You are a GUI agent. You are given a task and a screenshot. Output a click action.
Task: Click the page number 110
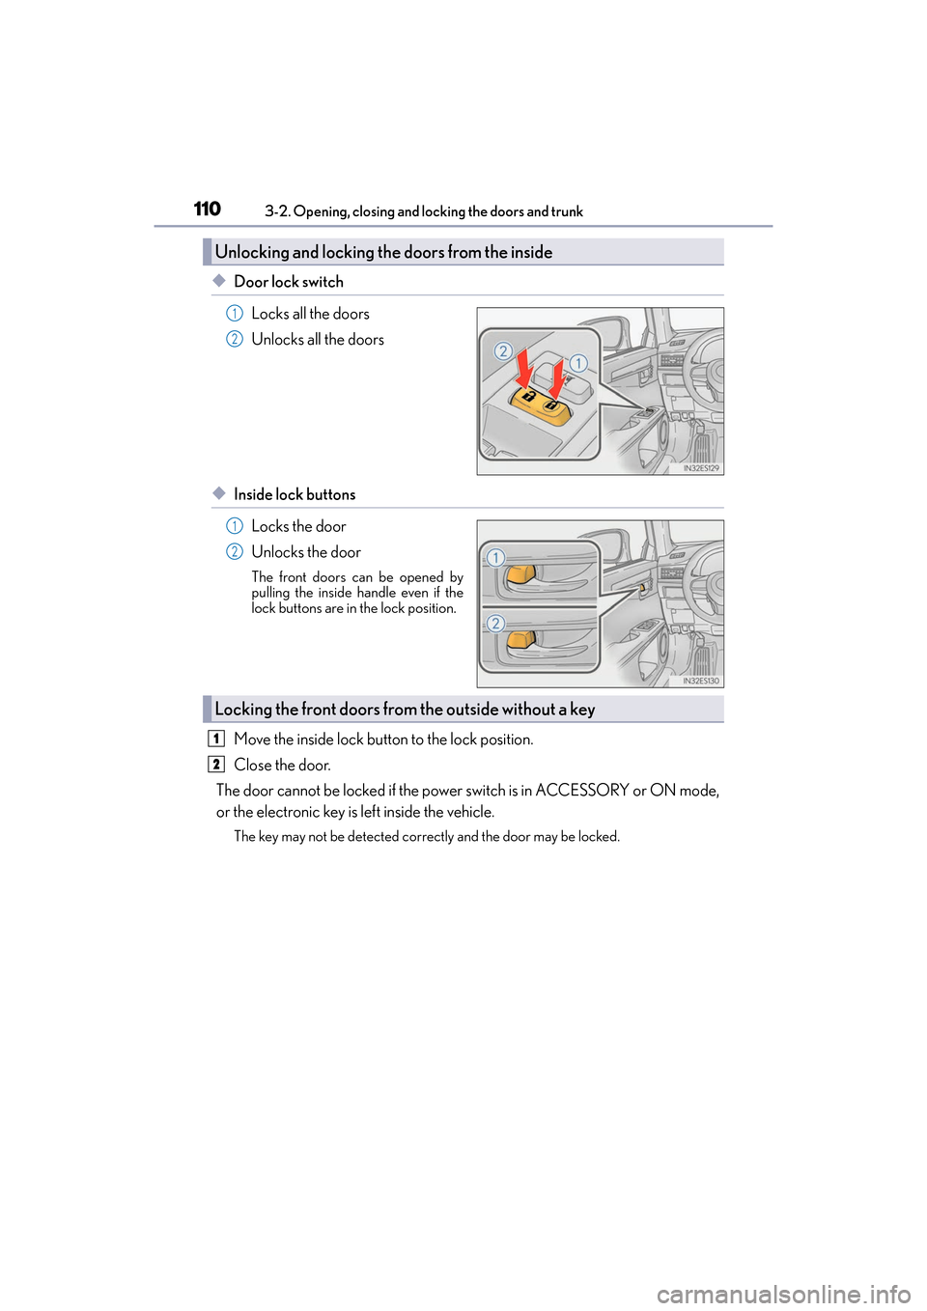coord(207,209)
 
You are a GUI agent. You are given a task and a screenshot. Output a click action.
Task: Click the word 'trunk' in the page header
coord(567,211)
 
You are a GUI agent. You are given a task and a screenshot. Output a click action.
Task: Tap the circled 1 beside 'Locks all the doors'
coord(234,314)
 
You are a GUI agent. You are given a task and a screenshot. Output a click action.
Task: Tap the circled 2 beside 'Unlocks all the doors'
coord(234,339)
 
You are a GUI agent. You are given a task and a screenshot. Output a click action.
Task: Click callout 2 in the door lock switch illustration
coord(503,351)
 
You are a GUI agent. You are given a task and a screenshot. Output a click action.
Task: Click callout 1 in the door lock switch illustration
coord(577,363)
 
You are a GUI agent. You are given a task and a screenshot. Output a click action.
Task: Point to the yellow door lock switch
coord(540,403)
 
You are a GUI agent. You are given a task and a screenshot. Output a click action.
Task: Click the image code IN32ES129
coord(701,468)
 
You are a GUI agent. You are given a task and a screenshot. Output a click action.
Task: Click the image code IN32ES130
coord(701,681)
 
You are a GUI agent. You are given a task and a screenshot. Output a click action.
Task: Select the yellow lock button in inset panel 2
coord(520,639)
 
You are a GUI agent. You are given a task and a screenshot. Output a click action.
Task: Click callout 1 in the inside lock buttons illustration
coord(495,558)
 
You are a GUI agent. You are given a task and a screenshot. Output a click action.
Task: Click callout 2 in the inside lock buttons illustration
coord(495,624)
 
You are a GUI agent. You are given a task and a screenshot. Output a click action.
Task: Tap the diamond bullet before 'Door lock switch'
coord(219,281)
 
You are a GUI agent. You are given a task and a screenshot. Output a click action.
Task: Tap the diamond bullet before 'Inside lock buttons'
coord(219,493)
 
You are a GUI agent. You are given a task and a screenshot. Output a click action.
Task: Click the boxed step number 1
coord(216,739)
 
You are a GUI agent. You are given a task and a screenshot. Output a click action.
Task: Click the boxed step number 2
coord(216,765)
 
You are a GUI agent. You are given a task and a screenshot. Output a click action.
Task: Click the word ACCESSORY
coord(581,790)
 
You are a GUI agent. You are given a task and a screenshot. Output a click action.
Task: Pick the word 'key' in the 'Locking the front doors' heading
coord(582,709)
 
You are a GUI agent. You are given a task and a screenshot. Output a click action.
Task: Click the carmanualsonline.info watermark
coord(783,1294)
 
